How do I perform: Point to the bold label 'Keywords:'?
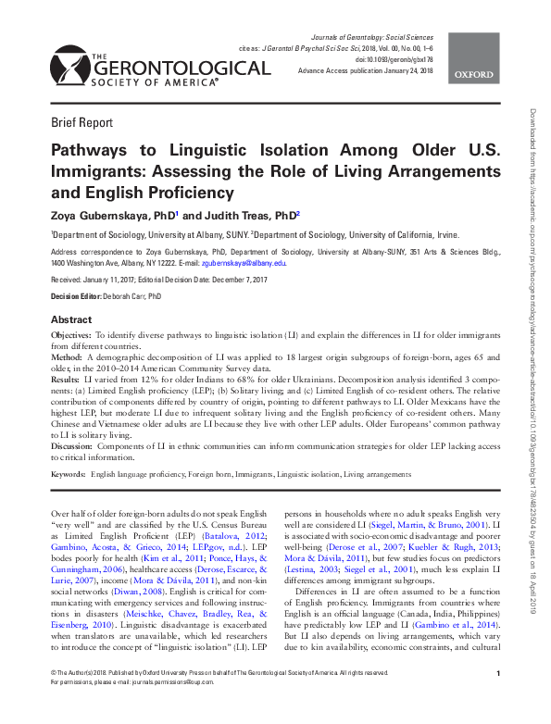click(x=68, y=474)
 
